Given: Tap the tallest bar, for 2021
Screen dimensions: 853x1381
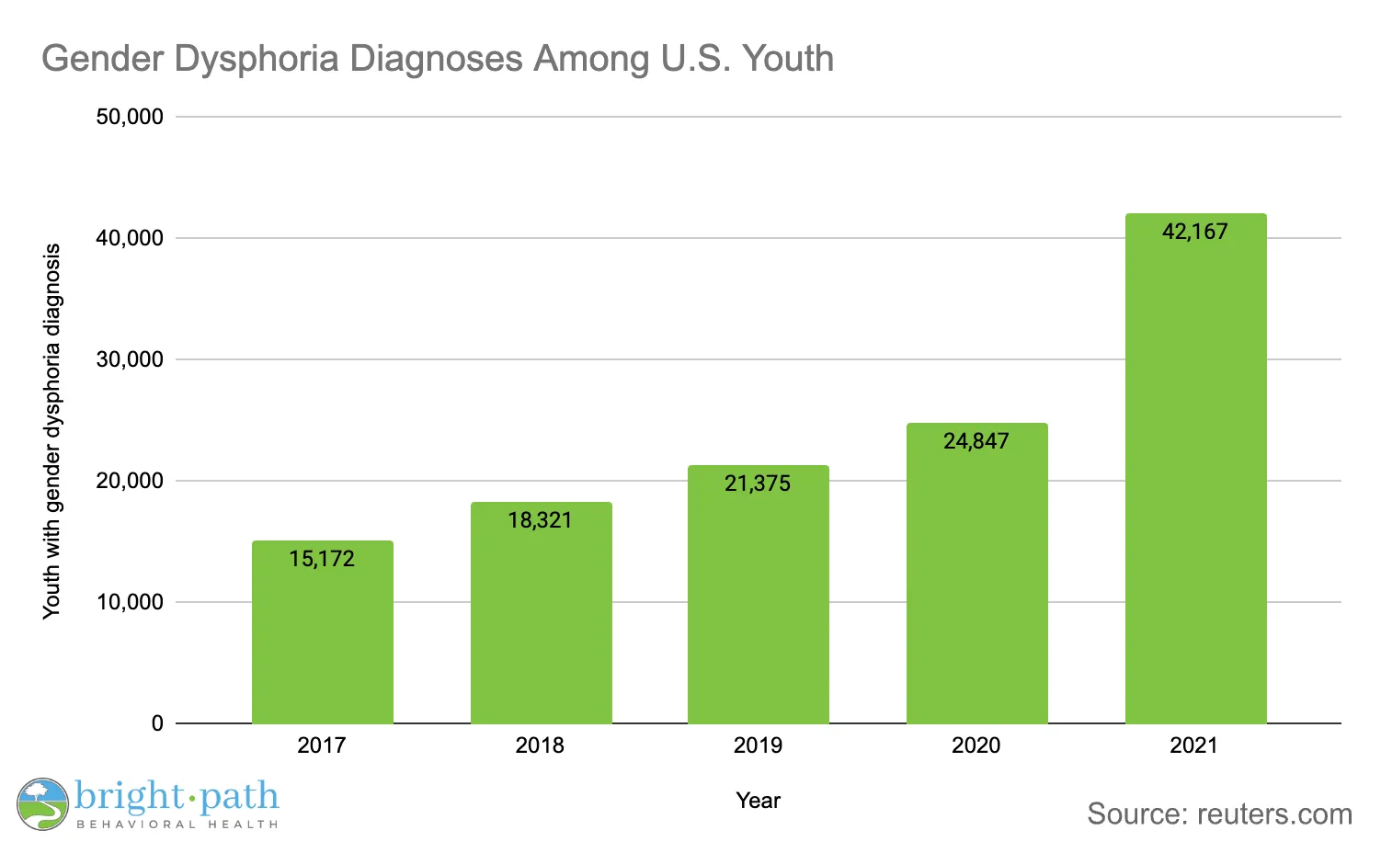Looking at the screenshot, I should point(1195,478).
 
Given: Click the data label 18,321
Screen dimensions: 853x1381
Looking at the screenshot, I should point(540,520).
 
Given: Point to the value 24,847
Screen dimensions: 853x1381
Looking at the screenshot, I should point(976,441).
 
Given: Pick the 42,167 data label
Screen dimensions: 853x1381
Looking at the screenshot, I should point(1194,232).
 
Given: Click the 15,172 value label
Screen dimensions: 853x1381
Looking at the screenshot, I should point(322,559).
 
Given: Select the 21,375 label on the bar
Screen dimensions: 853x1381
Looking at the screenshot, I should point(758,483).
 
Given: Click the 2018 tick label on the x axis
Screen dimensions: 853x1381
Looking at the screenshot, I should point(540,745).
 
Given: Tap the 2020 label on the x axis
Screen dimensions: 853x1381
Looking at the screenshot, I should point(976,745).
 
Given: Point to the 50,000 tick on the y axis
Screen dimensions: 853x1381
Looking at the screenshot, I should point(130,117).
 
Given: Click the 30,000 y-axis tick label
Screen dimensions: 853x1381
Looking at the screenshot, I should point(130,359).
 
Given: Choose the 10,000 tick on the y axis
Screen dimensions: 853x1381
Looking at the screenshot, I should point(130,602).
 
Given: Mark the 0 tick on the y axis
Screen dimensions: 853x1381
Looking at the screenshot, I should point(157,723).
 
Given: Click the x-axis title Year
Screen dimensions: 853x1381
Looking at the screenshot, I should point(758,801).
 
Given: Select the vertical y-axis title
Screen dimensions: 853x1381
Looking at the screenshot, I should point(51,430).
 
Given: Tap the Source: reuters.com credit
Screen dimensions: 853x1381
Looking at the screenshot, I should point(1219,813).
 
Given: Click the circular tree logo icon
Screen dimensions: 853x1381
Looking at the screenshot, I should point(42,804).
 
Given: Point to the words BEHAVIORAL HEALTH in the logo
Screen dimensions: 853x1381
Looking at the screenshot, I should point(177,825).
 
